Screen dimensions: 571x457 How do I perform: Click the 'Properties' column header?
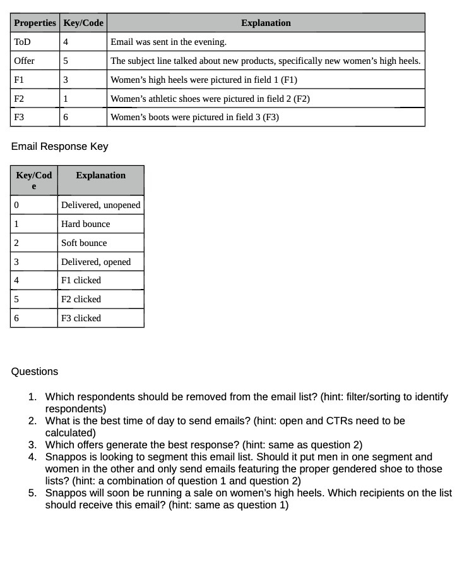pos(35,23)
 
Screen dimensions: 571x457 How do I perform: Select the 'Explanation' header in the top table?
pos(266,23)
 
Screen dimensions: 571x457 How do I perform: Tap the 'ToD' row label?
pos(22,42)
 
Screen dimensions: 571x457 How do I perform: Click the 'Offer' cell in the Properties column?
pos(24,61)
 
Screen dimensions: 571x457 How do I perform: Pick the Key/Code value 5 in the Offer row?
pos(66,61)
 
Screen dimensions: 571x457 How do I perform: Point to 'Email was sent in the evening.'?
pos(169,42)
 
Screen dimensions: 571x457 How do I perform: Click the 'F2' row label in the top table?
pos(19,99)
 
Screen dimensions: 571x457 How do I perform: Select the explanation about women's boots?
pos(194,117)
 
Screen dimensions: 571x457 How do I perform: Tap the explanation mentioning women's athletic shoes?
pos(210,99)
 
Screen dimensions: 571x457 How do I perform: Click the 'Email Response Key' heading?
pos(59,146)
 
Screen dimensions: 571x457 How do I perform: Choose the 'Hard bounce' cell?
pos(85,224)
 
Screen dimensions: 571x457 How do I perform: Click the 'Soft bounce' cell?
pos(84,243)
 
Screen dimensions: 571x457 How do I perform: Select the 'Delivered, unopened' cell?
pos(100,205)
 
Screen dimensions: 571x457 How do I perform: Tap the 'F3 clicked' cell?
pos(81,318)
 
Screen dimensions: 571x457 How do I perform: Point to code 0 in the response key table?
pos(16,205)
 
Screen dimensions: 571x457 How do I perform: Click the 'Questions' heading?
pos(34,371)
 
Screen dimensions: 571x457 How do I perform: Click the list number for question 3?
pos(32,445)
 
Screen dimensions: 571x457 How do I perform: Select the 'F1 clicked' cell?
pos(81,280)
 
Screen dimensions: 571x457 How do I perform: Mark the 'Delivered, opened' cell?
pos(96,262)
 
